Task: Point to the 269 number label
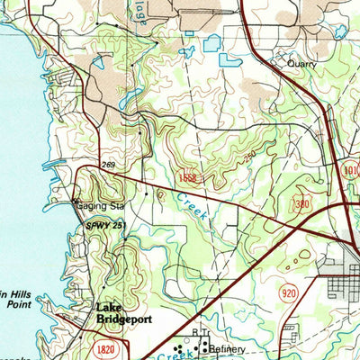[108, 164]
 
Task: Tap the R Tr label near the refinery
[200, 333]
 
